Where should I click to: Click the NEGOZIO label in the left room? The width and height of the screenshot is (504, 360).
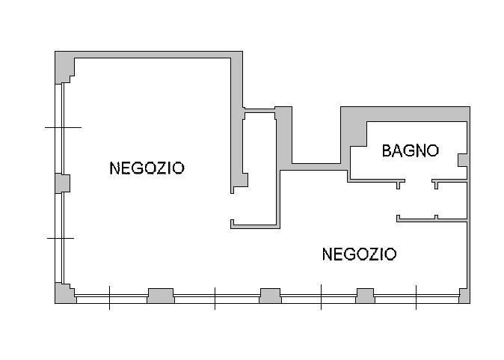pos(147,168)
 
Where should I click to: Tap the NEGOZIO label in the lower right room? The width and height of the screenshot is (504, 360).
pos(359,254)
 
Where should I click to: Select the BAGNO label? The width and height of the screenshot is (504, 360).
pos(410,150)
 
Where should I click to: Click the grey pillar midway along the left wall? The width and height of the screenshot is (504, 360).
pos(62,183)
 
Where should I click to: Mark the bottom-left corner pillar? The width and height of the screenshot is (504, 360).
pos(65,293)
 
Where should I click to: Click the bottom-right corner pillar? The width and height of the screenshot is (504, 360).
pos(464,293)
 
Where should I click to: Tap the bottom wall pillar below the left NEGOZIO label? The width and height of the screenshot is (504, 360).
pos(160,295)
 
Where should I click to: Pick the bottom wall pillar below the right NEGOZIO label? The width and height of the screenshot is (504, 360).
pos(365,295)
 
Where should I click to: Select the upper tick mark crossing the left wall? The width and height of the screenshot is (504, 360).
pos(63,128)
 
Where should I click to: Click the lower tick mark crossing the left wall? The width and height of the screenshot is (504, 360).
pos(61,238)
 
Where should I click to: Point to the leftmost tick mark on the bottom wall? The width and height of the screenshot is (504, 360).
pos(109,297)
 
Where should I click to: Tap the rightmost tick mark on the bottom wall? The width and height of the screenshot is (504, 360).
pos(416,297)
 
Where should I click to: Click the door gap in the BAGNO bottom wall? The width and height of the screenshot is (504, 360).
pos(419,180)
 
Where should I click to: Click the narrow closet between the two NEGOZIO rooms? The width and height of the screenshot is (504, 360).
pos(260,168)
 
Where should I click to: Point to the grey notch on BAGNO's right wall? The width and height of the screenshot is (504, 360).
pos(462,161)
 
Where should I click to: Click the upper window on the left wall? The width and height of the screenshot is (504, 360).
pos(60,127)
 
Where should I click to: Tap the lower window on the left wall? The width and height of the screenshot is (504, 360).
pos(60,238)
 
